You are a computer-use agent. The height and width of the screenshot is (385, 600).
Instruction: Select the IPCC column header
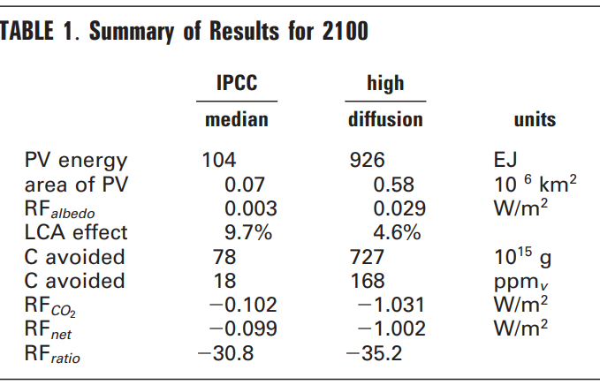click(236, 83)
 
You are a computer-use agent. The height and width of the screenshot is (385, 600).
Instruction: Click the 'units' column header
click(534, 119)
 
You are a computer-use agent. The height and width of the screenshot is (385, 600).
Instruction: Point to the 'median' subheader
click(236, 119)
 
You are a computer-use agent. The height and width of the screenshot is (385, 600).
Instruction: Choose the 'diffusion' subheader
click(385, 119)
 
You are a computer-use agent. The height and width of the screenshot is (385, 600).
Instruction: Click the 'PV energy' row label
click(75, 161)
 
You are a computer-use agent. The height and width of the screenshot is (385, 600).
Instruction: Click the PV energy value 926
click(368, 161)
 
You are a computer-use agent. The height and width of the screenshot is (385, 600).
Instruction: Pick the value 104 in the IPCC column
click(218, 161)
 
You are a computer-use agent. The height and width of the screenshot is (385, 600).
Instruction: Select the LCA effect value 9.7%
click(249, 233)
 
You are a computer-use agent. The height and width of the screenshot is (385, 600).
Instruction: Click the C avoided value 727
click(368, 257)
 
